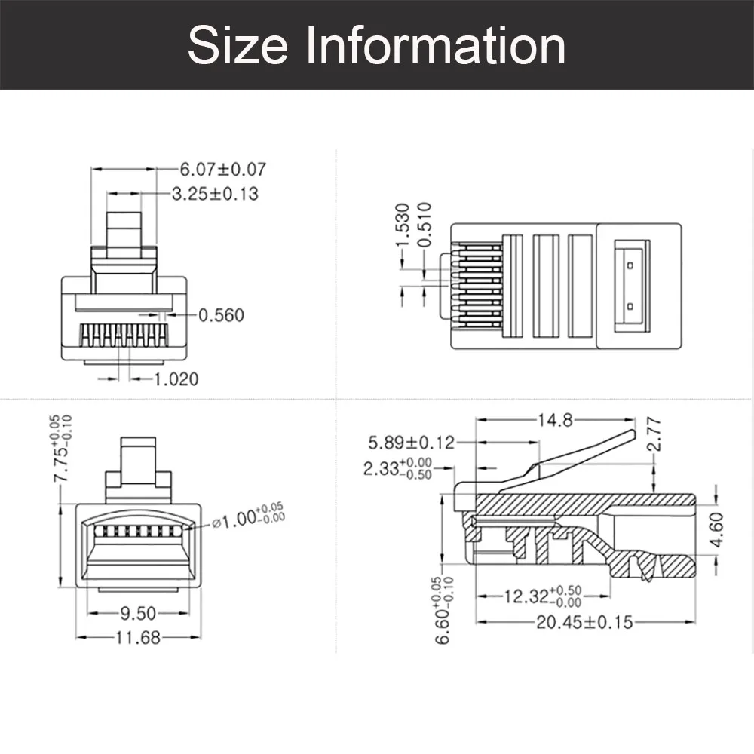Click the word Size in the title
point(238,45)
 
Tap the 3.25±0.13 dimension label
point(215,194)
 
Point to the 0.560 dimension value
point(221,315)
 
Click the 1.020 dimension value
point(176,379)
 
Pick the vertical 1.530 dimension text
point(402,224)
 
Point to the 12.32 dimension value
point(527,597)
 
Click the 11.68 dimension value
point(138,638)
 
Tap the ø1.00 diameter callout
point(241,520)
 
